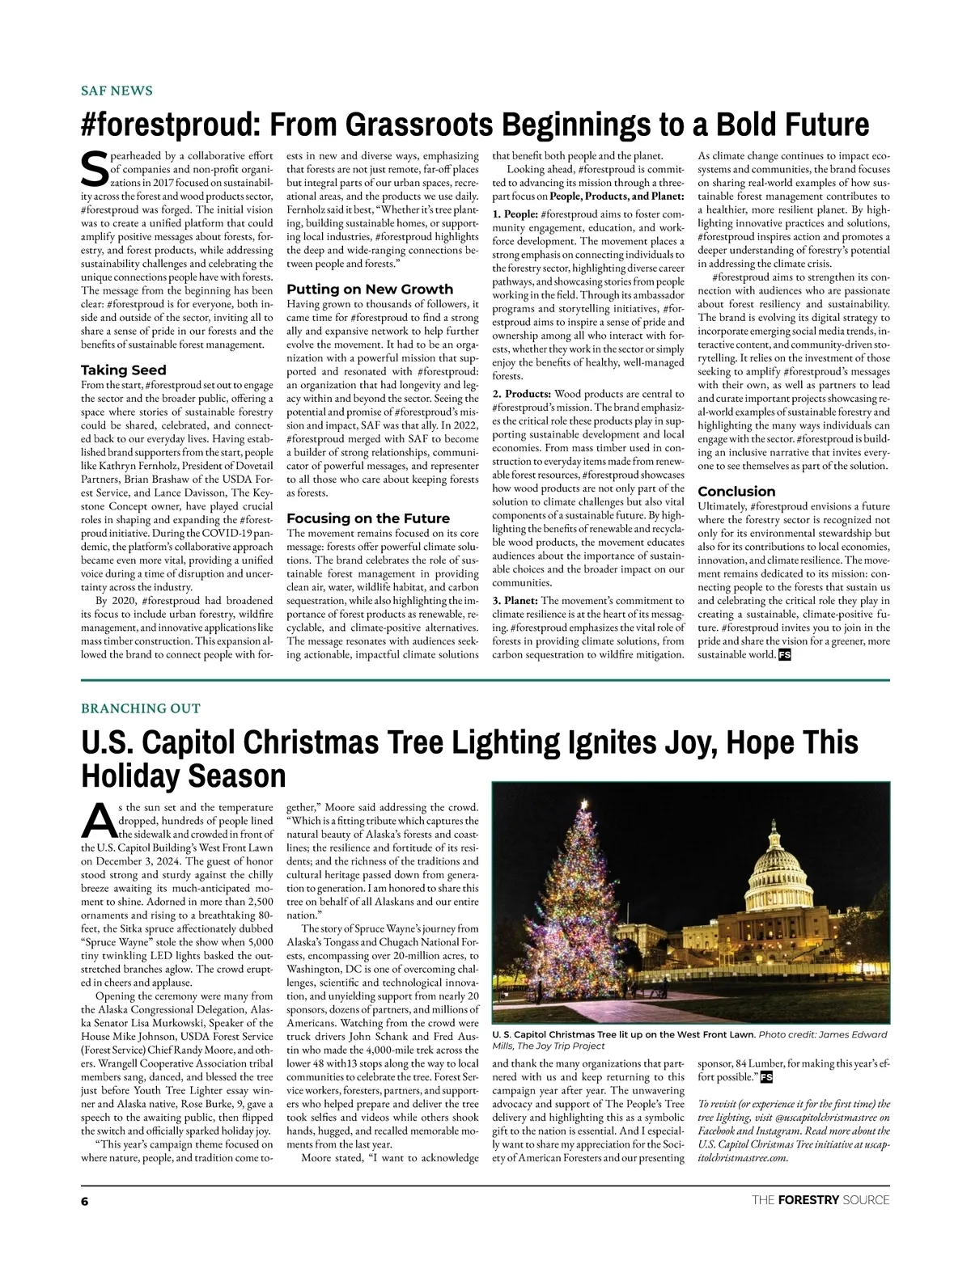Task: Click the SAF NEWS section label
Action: click(x=117, y=91)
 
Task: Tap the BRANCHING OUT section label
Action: click(x=140, y=708)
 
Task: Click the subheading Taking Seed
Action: click(x=124, y=370)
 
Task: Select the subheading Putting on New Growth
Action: click(x=370, y=290)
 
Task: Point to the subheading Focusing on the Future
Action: click(x=368, y=518)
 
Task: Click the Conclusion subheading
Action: click(x=736, y=492)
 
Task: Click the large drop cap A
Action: click(x=96, y=821)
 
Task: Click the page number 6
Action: click(x=84, y=1200)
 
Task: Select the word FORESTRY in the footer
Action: click(x=808, y=1200)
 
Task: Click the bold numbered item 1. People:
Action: click(x=515, y=214)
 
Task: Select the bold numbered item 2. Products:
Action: click(x=522, y=394)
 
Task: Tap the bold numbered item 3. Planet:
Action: click(x=515, y=601)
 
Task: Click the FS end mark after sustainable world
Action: click(x=784, y=655)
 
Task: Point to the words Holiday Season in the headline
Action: click(x=184, y=776)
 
